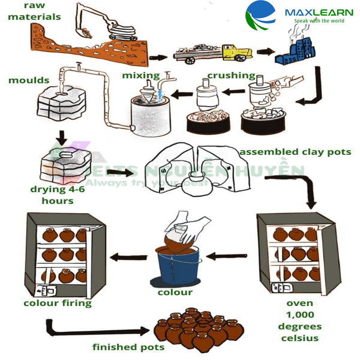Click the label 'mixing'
coord(141,75)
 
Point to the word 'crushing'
coord(231,75)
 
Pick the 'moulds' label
coord(29,81)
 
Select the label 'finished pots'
coord(128,347)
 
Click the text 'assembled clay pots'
coord(295,152)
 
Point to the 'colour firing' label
coord(58,303)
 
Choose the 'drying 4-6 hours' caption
coord(58,194)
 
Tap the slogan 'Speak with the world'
coord(319,21)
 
